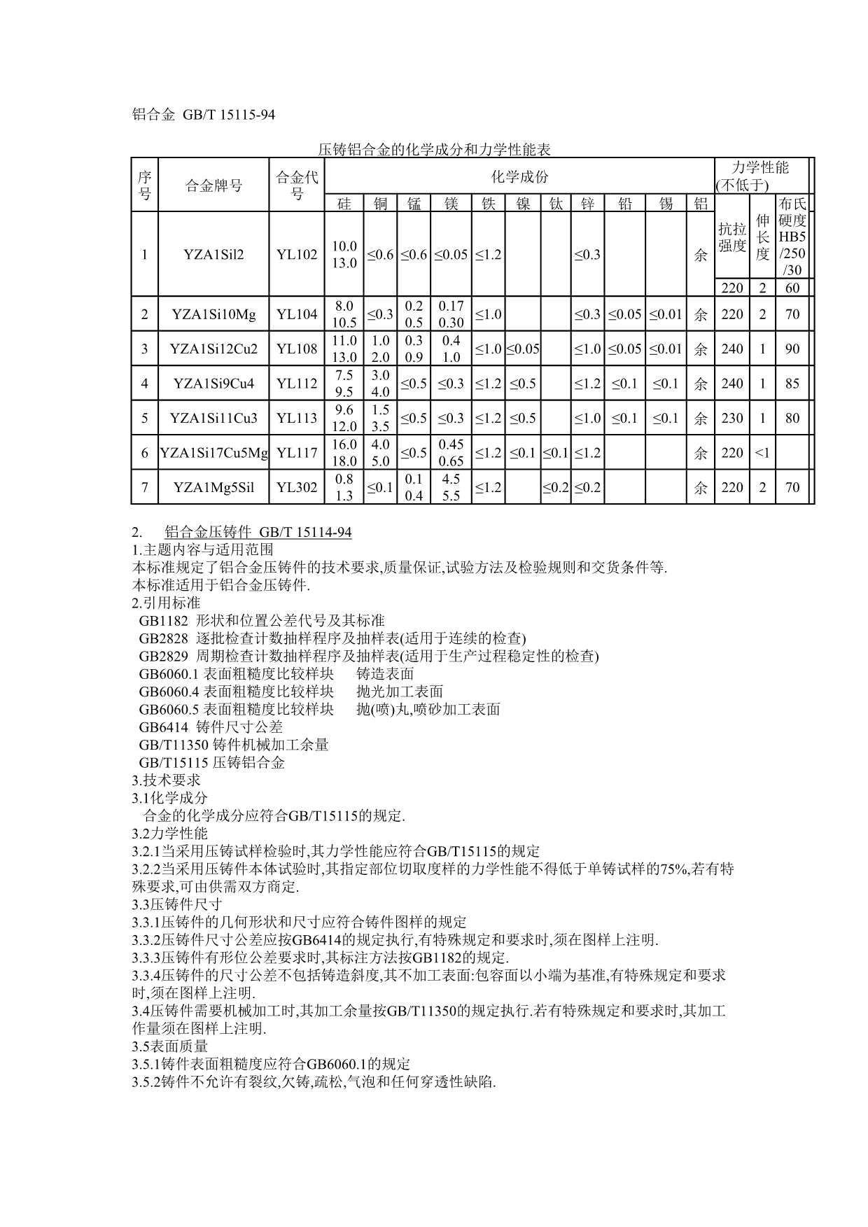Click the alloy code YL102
[x=297, y=255]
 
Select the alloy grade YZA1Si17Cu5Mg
[x=214, y=453]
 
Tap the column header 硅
[x=344, y=204]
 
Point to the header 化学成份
[x=519, y=177]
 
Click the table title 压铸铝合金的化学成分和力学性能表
[x=434, y=150]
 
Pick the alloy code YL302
[x=297, y=487]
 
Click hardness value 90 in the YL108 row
[x=792, y=349]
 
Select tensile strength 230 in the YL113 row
[x=732, y=418]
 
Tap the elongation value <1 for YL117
[x=762, y=453]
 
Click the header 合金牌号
[x=214, y=185]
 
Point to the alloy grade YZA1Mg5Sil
[x=214, y=487]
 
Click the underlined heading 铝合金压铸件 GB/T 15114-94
[x=258, y=533]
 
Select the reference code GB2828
[x=163, y=638]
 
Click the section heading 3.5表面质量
[x=170, y=1046]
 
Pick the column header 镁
[x=451, y=204]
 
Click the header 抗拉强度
[x=732, y=237]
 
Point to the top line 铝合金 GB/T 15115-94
[x=203, y=115]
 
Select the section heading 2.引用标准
[x=166, y=603]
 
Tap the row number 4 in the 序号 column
[x=145, y=384]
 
